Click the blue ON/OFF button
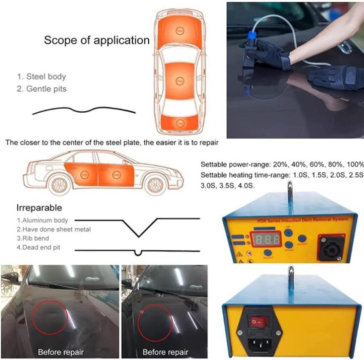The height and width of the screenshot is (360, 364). pyautogui.click(x=302, y=238)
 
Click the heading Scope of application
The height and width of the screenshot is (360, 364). pyautogui.click(x=97, y=40)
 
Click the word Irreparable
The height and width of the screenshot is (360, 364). pyautogui.click(x=39, y=208)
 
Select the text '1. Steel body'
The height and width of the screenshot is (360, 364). pyautogui.click(x=41, y=77)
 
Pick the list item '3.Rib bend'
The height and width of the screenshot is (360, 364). pyautogui.click(x=33, y=239)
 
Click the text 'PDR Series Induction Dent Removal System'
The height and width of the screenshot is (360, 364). pyautogui.click(x=300, y=220)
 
